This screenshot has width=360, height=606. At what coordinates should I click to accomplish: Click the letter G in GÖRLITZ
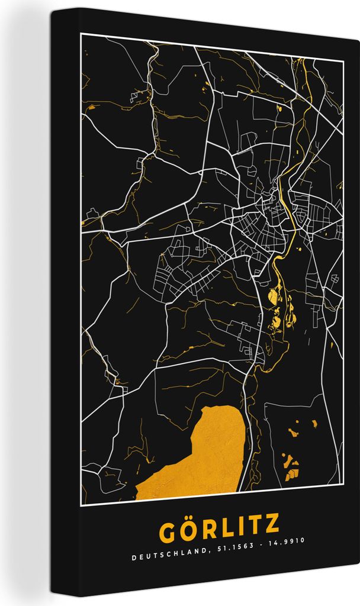pos(168,529)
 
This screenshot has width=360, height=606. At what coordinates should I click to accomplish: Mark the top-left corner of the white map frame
pos(82,34)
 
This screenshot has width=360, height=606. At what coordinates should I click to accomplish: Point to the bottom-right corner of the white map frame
pos(343,486)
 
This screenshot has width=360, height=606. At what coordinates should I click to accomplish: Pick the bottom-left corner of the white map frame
pos(82,504)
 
